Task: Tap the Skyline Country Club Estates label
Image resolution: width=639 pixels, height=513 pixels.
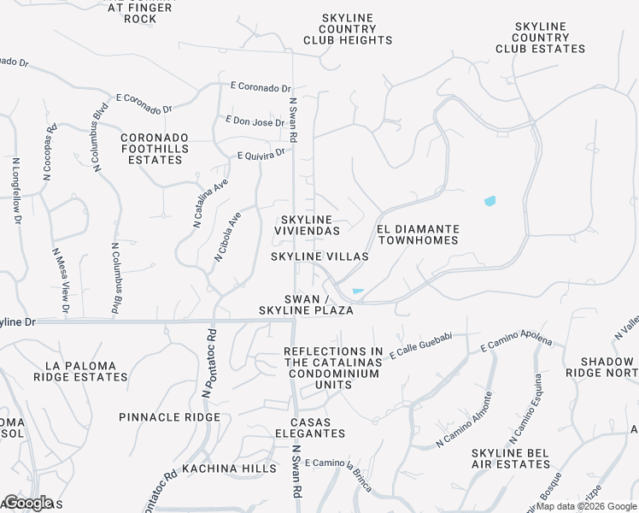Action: click(x=541, y=38)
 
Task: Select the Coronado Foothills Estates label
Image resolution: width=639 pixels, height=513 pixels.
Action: click(x=154, y=148)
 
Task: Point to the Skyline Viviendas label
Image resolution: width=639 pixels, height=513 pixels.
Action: click(x=307, y=226)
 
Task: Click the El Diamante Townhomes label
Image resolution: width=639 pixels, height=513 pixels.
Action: click(x=418, y=235)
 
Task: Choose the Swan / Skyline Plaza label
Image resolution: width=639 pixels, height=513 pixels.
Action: click(x=307, y=304)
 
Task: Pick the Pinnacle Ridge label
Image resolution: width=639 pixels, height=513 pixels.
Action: click(x=170, y=417)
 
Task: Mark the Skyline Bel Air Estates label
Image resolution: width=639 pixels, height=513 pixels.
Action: click(x=511, y=457)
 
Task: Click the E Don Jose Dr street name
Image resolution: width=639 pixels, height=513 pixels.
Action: click(x=255, y=122)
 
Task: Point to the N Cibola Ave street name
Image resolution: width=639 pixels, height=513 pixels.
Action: click(x=228, y=236)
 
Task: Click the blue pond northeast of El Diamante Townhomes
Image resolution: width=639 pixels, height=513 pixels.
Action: click(x=490, y=202)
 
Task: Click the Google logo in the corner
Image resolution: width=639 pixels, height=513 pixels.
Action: click(x=27, y=502)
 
